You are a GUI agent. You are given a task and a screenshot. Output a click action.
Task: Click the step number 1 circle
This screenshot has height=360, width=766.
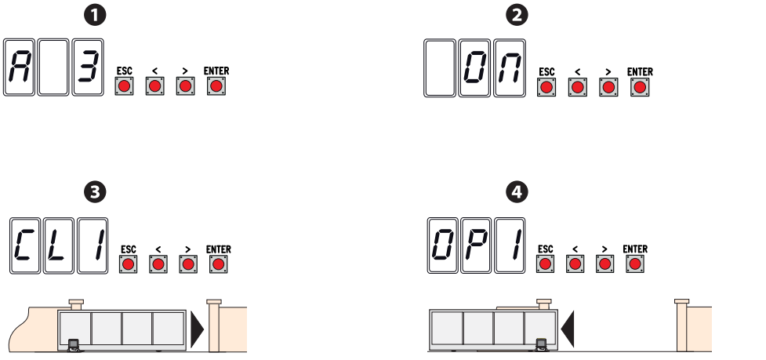pos(95,15)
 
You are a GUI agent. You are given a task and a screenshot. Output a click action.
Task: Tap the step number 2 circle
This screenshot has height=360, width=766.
pos(517,15)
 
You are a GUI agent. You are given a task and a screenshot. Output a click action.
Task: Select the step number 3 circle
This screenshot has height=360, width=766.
pos(95,192)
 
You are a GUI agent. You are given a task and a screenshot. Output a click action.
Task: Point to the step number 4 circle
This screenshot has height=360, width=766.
pos(517,192)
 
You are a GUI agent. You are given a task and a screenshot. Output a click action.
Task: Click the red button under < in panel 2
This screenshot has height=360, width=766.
pos(577,87)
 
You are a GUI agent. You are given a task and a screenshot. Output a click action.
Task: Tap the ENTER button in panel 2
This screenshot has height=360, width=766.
pos(640,87)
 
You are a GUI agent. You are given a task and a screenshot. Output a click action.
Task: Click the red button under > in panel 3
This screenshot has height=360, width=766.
pos(188,264)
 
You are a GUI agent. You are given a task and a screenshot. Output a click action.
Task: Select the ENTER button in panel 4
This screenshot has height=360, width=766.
pos(635,264)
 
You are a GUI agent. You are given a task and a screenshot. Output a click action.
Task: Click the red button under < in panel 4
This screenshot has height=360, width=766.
pos(575,264)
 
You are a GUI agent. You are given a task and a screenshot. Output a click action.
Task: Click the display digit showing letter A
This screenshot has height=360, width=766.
pos(20,67)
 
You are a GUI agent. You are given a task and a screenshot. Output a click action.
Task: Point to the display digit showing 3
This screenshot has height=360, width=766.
pos(89,67)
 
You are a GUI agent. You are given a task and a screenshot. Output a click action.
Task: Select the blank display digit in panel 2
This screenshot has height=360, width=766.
pos(440,67)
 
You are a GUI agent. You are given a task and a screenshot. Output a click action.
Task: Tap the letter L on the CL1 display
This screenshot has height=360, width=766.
pos(59,245)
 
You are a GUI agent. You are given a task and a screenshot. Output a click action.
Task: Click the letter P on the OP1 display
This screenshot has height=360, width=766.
pos(476,245)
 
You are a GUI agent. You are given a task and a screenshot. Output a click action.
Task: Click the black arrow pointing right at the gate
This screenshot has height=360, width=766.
pos(197,329)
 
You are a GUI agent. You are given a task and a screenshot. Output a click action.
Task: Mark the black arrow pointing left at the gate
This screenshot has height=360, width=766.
pos(568,329)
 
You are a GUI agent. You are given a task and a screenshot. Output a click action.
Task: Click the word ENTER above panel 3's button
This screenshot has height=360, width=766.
pos(219,249)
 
